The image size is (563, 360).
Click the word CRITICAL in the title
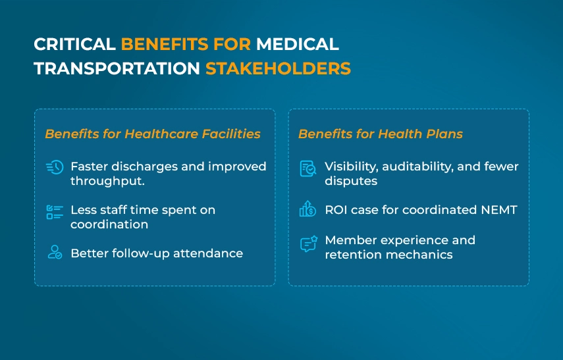click(74, 45)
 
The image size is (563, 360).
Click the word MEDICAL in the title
click(297, 45)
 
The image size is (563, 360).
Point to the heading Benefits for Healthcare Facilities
click(153, 134)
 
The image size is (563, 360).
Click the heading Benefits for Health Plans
click(381, 134)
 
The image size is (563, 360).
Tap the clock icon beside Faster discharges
click(55, 167)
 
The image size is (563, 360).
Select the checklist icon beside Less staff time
click(54, 212)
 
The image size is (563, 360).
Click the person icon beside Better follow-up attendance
click(55, 252)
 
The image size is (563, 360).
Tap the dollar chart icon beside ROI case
click(308, 210)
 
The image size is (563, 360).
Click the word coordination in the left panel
click(109, 224)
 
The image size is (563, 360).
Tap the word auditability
click(417, 167)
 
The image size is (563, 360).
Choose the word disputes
click(351, 181)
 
